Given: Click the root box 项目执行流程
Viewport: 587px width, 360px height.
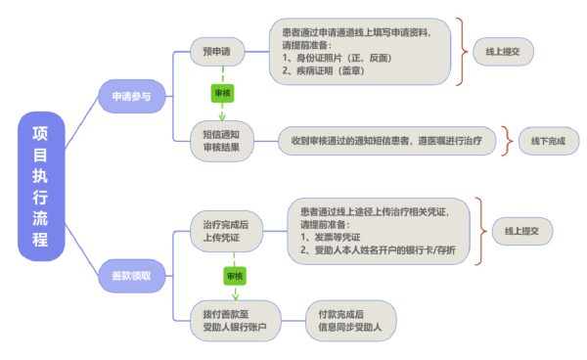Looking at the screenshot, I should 40,186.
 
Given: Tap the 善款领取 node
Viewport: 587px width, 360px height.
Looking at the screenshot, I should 130,275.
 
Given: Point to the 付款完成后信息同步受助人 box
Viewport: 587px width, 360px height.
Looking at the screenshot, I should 349,319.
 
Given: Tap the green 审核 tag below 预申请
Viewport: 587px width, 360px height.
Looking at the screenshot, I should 222,93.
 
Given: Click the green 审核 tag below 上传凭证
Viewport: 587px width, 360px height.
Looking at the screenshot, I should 235,276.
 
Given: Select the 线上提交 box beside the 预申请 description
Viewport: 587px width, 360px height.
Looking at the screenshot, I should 503,51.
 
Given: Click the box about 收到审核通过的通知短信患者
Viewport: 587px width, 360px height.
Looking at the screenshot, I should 386,141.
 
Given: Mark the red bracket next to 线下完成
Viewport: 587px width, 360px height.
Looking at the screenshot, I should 507,141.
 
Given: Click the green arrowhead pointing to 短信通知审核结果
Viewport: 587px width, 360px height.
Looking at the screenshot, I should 222,115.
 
